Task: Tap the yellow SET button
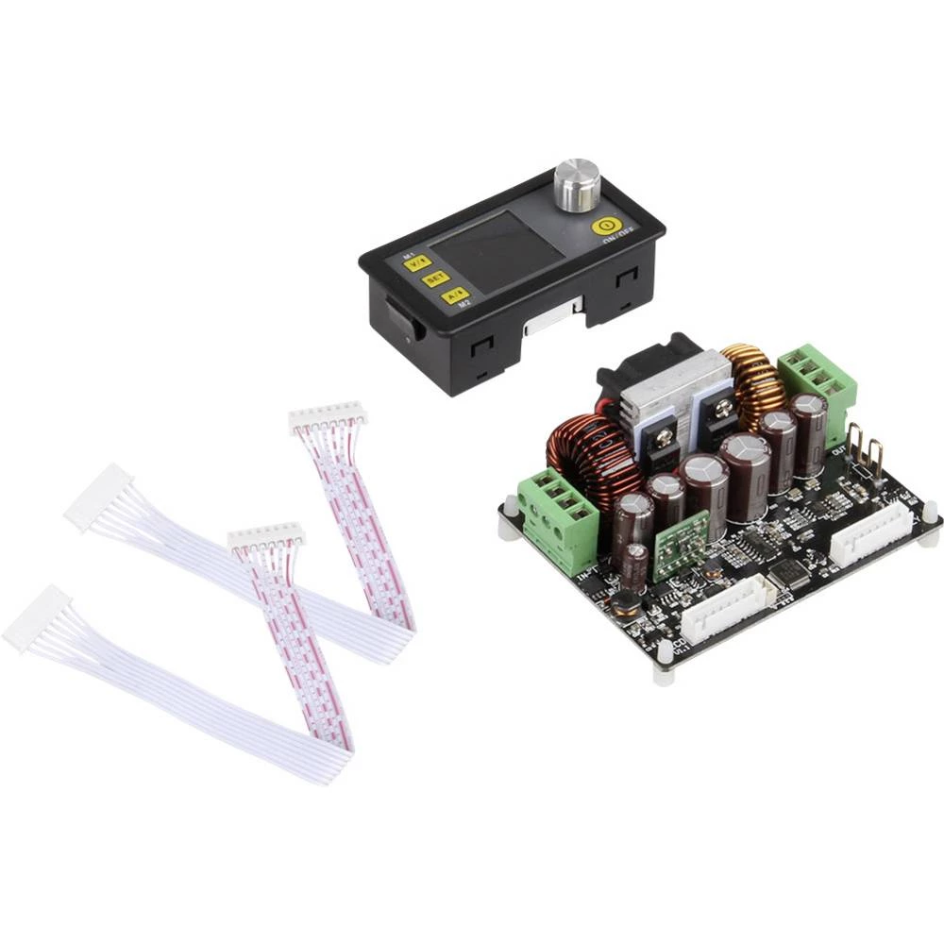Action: tap(435, 278)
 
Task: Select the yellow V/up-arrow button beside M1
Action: tap(418, 263)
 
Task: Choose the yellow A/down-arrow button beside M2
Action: tap(454, 295)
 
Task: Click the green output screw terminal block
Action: tap(817, 377)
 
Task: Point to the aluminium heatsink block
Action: tap(675, 396)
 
